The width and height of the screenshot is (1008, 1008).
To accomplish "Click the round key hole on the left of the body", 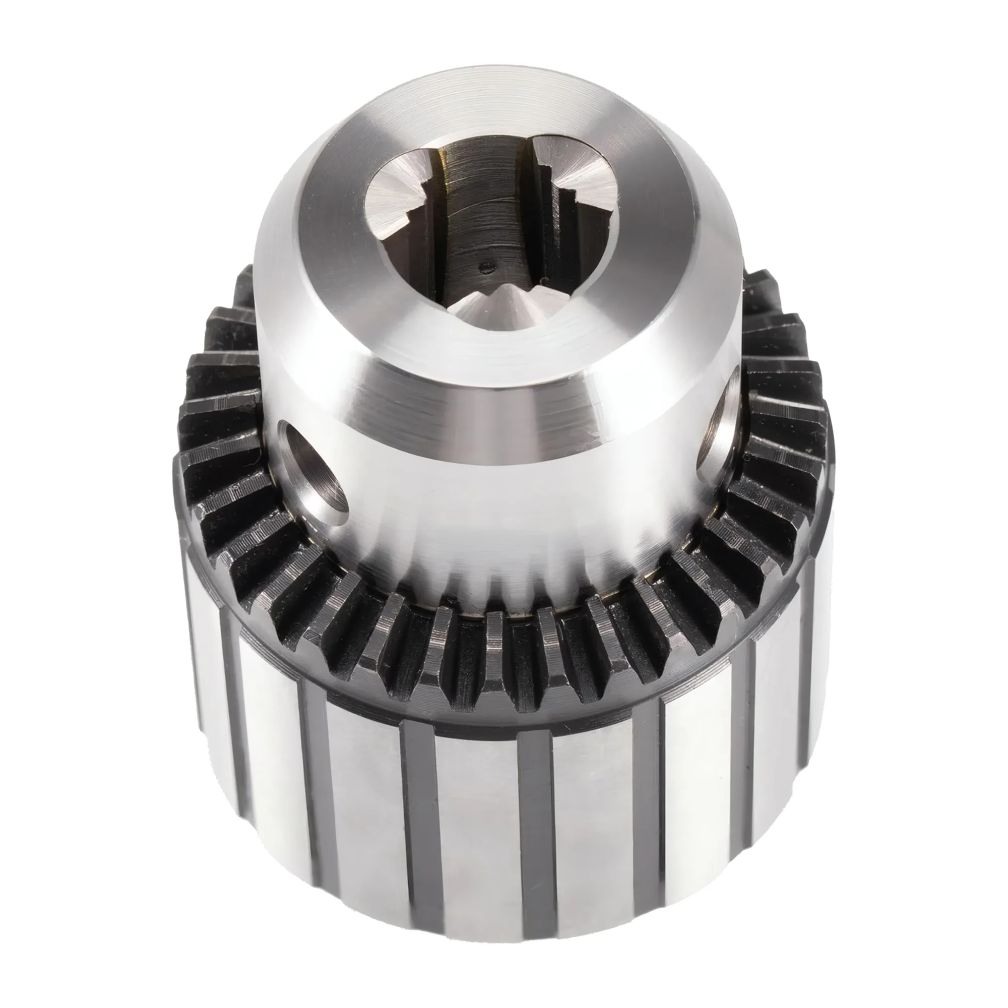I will click(313, 472).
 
